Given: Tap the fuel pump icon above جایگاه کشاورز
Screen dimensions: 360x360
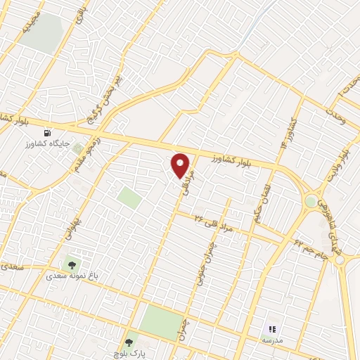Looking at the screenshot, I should (x=48, y=131).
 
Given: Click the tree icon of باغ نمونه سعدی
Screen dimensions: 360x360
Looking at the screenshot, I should (x=70, y=265).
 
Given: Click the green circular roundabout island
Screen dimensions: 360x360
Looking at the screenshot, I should (x=310, y=202).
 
